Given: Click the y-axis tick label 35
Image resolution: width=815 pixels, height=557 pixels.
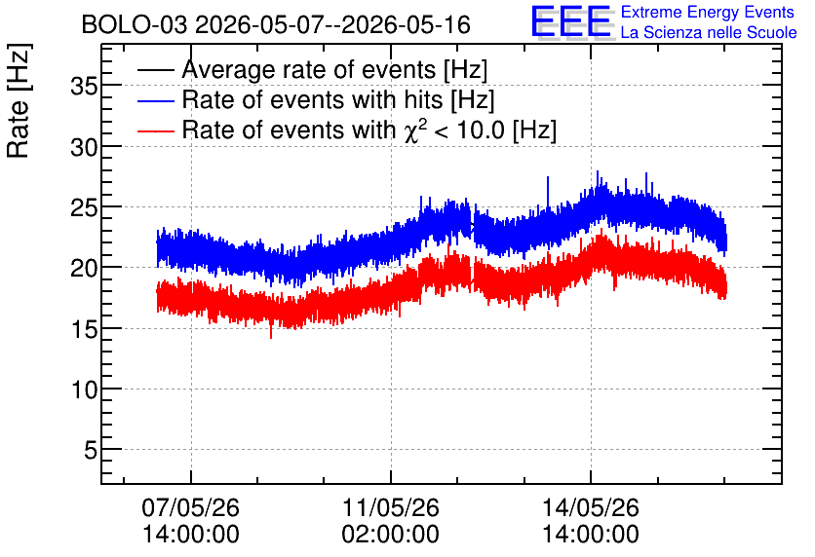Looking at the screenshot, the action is (x=84, y=86).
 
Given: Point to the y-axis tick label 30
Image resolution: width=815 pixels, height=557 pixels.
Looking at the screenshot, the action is (x=84, y=148).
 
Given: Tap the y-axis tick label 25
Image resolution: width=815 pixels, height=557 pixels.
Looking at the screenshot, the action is (x=84, y=208).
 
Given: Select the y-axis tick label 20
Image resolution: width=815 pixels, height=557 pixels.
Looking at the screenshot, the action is (x=84, y=269).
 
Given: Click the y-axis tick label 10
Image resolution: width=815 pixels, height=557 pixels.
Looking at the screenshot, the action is (x=84, y=390).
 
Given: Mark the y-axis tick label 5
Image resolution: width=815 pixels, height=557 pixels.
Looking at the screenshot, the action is (x=91, y=451).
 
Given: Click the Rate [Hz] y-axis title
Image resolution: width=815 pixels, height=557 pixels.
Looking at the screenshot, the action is (x=19, y=100).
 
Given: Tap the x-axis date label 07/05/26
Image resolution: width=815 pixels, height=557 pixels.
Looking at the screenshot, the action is (x=191, y=507).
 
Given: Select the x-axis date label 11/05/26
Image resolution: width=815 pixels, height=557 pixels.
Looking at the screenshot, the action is (x=390, y=507).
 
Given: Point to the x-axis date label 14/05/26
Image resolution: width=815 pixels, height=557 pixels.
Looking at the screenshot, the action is (x=591, y=507).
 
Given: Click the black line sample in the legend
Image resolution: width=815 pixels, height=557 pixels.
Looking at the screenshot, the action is (x=155, y=70).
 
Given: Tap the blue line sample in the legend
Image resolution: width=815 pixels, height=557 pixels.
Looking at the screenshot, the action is (x=155, y=100).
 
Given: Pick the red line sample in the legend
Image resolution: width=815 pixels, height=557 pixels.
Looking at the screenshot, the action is (x=155, y=130).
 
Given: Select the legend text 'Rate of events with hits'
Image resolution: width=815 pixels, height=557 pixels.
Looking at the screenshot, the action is (x=312, y=99).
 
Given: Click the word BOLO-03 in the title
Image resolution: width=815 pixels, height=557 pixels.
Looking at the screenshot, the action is (x=135, y=25).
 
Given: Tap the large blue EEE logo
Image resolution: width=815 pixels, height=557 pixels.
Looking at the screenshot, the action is (x=571, y=21).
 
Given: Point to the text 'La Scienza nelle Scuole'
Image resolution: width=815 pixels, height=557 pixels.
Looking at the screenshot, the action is (x=709, y=33).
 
